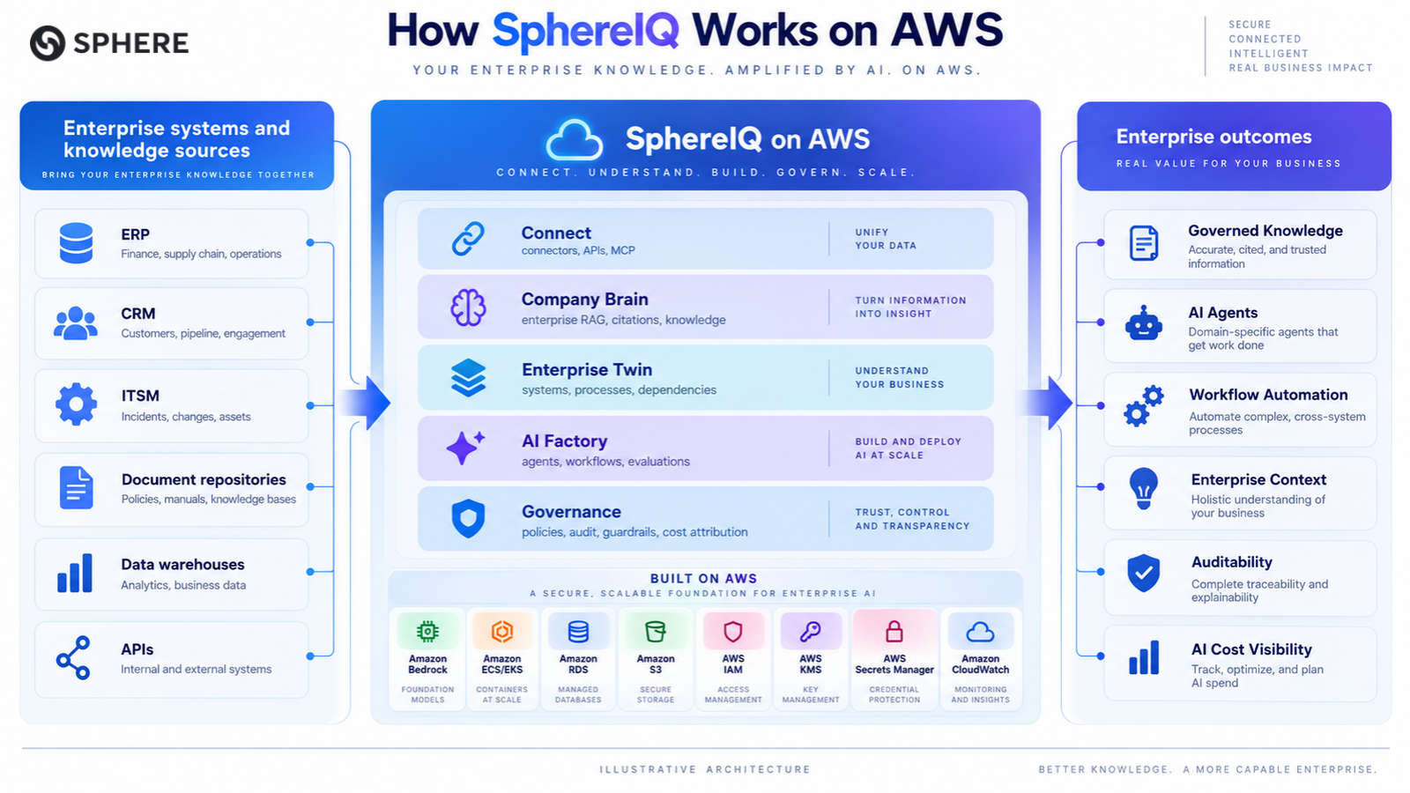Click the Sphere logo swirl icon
pyautogui.click(x=48, y=43)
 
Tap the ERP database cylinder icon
pyautogui.click(x=76, y=243)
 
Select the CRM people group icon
pyautogui.click(x=76, y=322)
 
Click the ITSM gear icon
pyautogui.click(x=76, y=404)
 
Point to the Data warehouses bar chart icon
pyautogui.click(x=75, y=573)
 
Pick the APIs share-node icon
pyautogui.click(x=74, y=657)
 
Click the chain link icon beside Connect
pyautogui.click(x=468, y=239)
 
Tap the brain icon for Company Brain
pyautogui.click(x=468, y=308)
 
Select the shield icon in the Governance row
pyautogui.click(x=468, y=519)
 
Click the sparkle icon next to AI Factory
pyautogui.click(x=465, y=448)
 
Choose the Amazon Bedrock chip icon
pyautogui.click(x=427, y=631)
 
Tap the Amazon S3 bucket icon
pyautogui.click(x=656, y=631)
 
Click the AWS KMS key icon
pyautogui.click(x=810, y=631)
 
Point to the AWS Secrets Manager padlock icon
pyautogui.click(x=894, y=631)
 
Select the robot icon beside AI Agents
pyautogui.click(x=1143, y=323)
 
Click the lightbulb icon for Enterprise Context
pyautogui.click(x=1144, y=488)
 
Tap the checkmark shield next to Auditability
pyautogui.click(x=1143, y=573)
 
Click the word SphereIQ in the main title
pyautogui.click(x=585, y=30)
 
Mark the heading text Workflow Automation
pyautogui.click(x=1268, y=395)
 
